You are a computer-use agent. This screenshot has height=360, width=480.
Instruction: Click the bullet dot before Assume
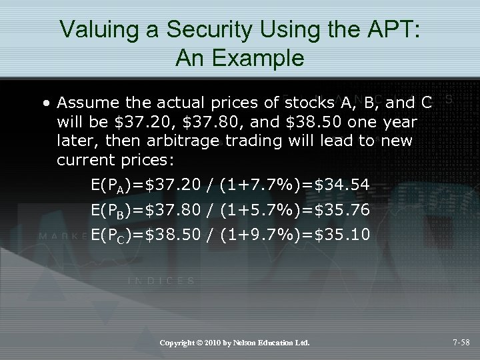tap(44, 104)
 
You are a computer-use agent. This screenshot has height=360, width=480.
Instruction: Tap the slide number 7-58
tap(461, 343)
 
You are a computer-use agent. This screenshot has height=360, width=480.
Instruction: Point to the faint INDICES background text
tap(161, 281)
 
